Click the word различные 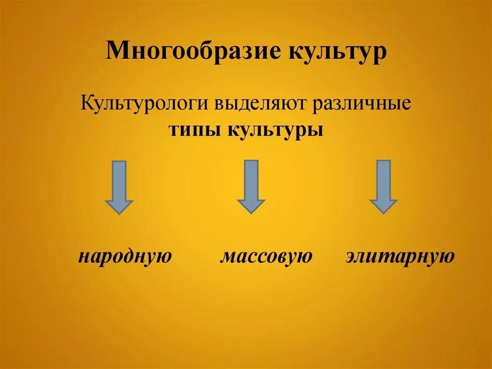362,104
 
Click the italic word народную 125,256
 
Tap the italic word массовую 266,256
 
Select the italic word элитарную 400,256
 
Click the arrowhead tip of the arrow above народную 119,212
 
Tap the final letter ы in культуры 315,131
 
